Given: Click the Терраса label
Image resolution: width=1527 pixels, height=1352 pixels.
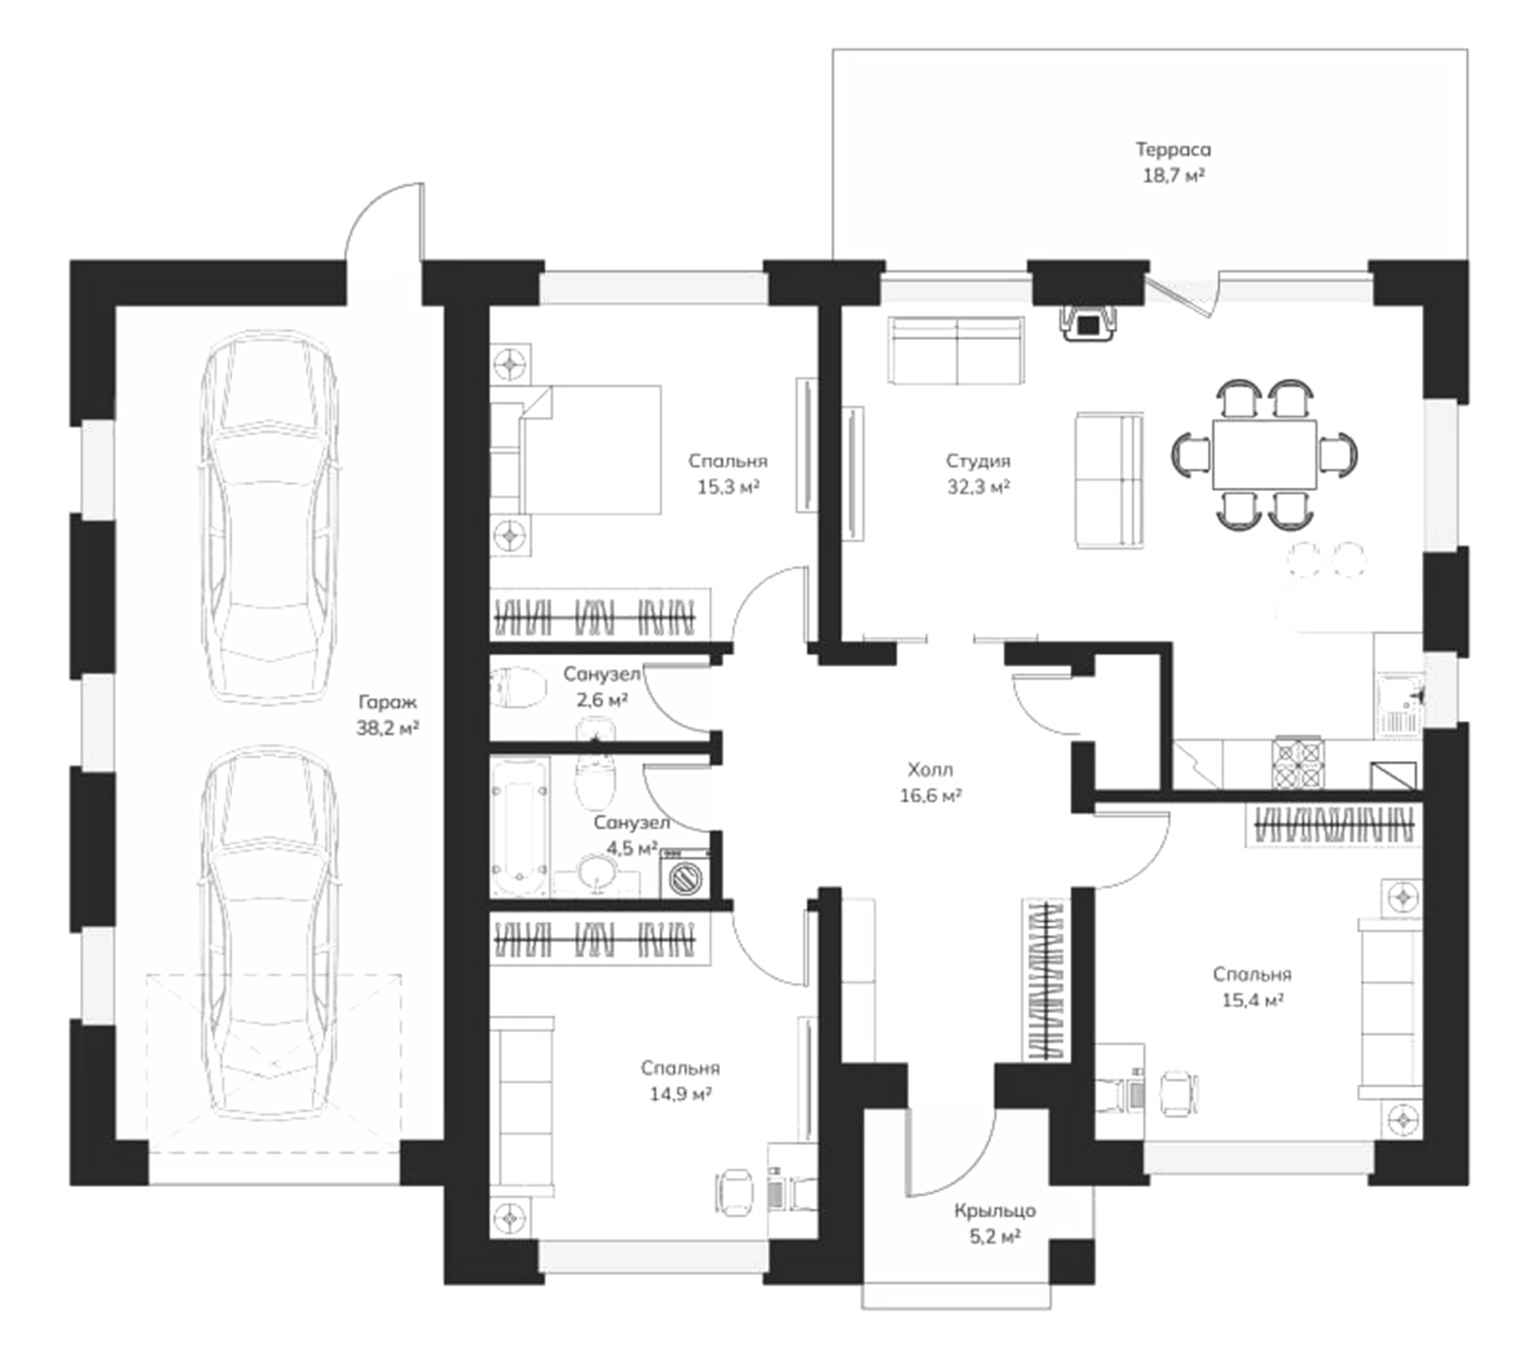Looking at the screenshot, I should [x=1173, y=149].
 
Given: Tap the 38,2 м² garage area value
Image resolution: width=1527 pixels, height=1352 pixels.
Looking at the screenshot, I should [x=387, y=728].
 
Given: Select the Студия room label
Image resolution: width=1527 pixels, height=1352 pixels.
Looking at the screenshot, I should [x=977, y=460].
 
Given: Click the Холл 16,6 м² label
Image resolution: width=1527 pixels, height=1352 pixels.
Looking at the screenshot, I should [x=930, y=782].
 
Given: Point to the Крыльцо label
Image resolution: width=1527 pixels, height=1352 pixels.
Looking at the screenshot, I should [x=995, y=1211].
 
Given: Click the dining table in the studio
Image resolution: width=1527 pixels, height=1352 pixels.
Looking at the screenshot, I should [x=1264, y=454].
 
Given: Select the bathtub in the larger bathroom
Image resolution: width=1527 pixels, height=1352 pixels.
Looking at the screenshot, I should [x=519, y=826].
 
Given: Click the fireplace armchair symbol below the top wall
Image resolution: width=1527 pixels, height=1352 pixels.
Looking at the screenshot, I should [x=1088, y=324].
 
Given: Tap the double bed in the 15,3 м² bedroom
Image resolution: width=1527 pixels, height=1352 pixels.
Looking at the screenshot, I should [x=576, y=450].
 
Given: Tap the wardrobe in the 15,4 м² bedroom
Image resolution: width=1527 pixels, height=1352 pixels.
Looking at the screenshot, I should [x=1333, y=825].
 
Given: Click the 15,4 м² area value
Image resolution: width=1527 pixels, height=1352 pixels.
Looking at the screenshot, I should [x=1251, y=1000].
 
